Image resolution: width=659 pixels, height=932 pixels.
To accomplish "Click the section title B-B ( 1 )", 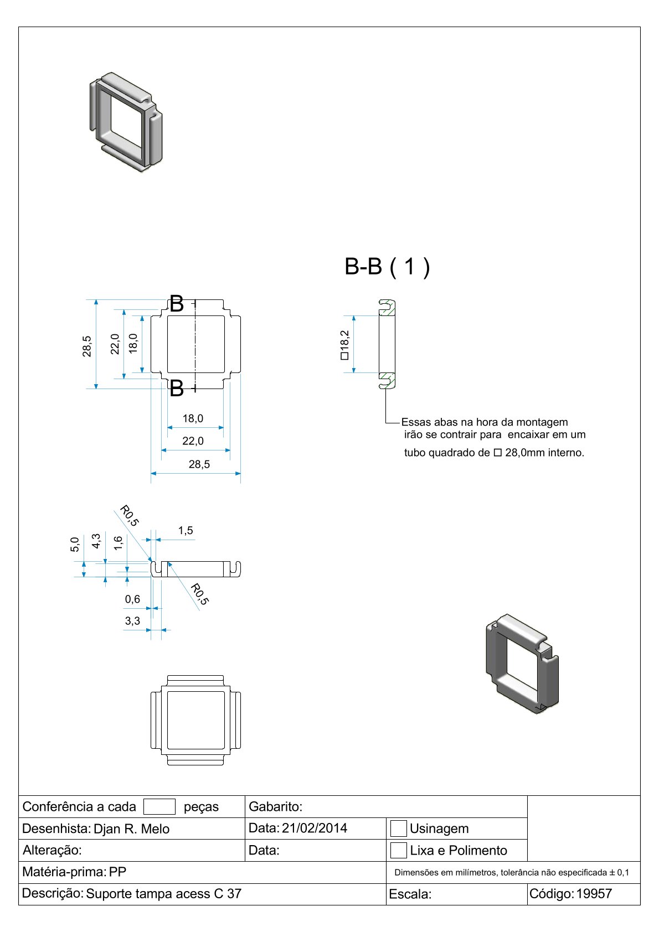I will click(x=387, y=267).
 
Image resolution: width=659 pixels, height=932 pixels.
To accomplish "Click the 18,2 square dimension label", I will click(x=344, y=345).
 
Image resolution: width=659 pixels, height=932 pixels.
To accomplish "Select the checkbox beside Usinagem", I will click(x=398, y=829).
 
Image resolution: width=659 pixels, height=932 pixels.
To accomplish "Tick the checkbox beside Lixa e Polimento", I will click(x=398, y=850).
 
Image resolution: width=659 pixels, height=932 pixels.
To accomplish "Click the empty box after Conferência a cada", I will click(x=159, y=806).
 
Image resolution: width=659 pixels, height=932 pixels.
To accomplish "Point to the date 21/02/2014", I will click(x=314, y=828).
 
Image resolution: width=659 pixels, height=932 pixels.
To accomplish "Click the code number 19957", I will click(x=594, y=894).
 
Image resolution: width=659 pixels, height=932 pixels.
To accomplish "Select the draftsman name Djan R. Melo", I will click(x=131, y=829).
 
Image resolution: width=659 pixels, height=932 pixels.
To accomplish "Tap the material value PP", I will click(x=117, y=872).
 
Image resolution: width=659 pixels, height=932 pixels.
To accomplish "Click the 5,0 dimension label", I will click(x=75, y=545).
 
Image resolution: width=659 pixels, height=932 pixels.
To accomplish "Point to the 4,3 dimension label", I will click(x=96, y=541).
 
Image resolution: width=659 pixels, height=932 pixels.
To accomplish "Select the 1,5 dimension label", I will click(x=186, y=531).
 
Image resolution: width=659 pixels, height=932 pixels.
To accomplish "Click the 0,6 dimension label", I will click(x=132, y=599).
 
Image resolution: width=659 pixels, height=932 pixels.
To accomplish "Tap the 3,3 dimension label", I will click(x=132, y=621).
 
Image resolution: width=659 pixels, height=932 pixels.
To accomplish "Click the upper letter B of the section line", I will click(x=176, y=304).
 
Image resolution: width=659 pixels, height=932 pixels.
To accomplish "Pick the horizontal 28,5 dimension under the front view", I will click(x=199, y=464).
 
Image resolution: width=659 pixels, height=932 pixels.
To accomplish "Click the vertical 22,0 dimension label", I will click(x=115, y=344).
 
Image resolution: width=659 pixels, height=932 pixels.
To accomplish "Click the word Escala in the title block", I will click(x=410, y=894).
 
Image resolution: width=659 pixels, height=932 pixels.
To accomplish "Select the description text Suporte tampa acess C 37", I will click(x=164, y=894).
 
